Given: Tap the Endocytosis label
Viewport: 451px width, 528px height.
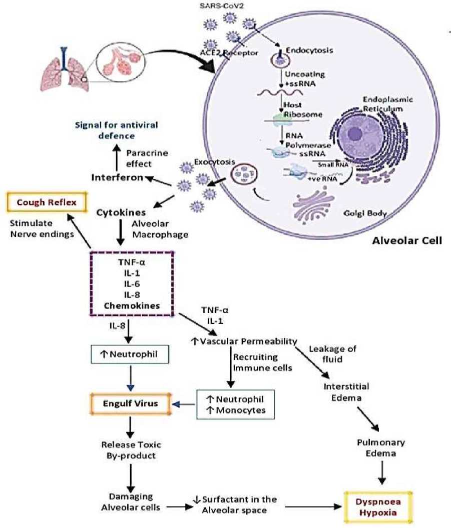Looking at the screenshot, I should [305, 51].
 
